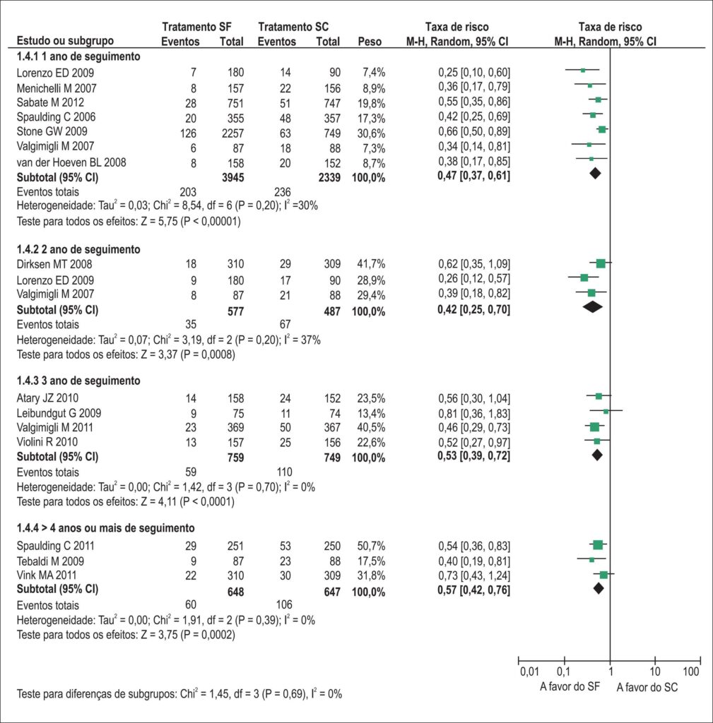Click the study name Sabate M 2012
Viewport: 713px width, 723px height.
(50, 102)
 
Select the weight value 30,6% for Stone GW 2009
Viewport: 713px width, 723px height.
(371, 133)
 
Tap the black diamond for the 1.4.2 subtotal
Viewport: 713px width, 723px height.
(593, 306)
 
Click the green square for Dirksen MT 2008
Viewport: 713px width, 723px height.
(601, 263)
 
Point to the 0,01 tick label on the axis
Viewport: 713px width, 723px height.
(529, 671)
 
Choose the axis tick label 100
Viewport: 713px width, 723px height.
(691, 671)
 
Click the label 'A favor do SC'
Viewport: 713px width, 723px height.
(647, 688)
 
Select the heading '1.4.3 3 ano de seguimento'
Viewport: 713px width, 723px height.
(78, 381)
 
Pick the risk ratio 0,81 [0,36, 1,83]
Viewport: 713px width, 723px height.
(474, 414)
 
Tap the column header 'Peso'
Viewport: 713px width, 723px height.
(370, 42)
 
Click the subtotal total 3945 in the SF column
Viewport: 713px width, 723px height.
(232, 177)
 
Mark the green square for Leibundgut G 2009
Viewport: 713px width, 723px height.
(606, 410)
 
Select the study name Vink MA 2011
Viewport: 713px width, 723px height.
(47, 575)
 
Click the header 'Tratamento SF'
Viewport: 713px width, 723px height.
(196, 27)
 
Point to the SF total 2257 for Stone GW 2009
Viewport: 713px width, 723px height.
(232, 133)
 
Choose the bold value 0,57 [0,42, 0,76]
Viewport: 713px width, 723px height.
(474, 590)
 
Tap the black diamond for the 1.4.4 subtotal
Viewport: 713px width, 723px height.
(599, 588)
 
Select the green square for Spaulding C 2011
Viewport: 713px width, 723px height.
(598, 545)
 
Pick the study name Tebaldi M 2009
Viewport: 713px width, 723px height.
(50, 561)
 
